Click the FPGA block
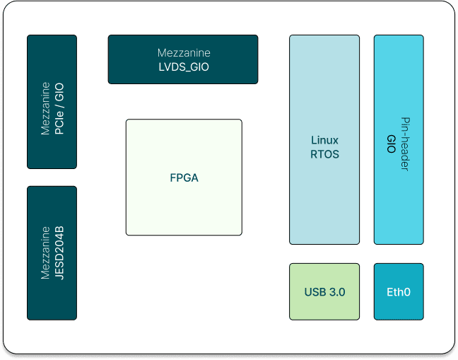pyautogui.click(x=184, y=178)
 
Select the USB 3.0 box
pyautogui.click(x=324, y=291)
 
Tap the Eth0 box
pyautogui.click(x=399, y=291)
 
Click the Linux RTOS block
pyautogui.click(x=324, y=139)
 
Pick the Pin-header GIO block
pyautogui.click(x=399, y=139)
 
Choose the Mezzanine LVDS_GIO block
pyautogui.click(x=184, y=59)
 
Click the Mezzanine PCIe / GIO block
pyautogui.click(x=52, y=102)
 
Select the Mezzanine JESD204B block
pyautogui.click(x=52, y=252)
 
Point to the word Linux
pyautogui.click(x=325, y=140)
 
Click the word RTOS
pyautogui.click(x=325, y=153)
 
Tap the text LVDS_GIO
pyautogui.click(x=184, y=67)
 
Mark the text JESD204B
pyautogui.click(x=59, y=252)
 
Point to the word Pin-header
pyautogui.click(x=406, y=144)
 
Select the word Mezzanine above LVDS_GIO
pyautogui.click(x=184, y=53)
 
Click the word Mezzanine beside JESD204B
pyautogui.click(x=45, y=252)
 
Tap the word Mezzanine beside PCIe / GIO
pyautogui.click(x=45, y=108)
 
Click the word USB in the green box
pyautogui.click(x=315, y=291)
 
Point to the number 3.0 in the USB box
pyautogui.click(x=336, y=291)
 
